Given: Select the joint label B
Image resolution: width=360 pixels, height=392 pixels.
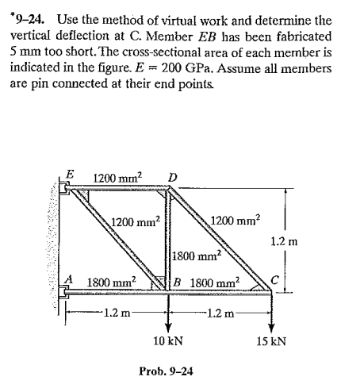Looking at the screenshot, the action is (179, 282).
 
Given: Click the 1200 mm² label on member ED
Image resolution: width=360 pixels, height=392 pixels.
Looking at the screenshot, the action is (117, 176).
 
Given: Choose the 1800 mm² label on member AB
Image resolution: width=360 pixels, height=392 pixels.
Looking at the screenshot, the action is (111, 282).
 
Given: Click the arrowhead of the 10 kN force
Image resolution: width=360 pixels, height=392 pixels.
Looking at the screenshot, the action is (167, 326).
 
